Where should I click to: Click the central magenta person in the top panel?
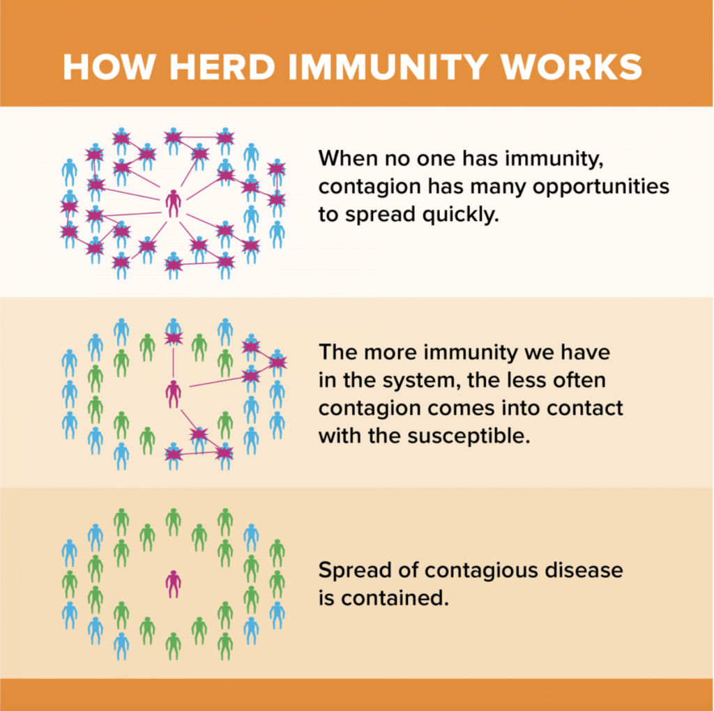pyautogui.click(x=173, y=203)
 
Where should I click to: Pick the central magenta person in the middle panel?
pyautogui.click(x=173, y=393)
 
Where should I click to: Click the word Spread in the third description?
pyautogui.click(x=353, y=570)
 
